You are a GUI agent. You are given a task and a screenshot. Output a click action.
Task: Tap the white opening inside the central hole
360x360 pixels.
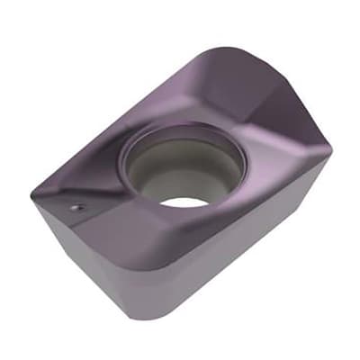coord(184,201)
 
